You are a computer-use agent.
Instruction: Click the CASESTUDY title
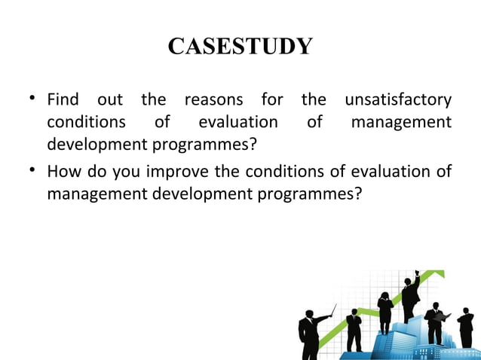point(240,47)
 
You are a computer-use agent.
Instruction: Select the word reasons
point(213,99)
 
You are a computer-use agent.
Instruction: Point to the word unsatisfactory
point(397,99)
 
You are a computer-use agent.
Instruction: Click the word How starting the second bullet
point(62,172)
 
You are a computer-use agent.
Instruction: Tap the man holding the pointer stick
point(309,331)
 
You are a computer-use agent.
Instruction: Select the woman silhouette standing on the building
point(385,310)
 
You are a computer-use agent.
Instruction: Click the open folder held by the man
point(445,317)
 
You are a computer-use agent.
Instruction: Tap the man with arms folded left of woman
point(354,329)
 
